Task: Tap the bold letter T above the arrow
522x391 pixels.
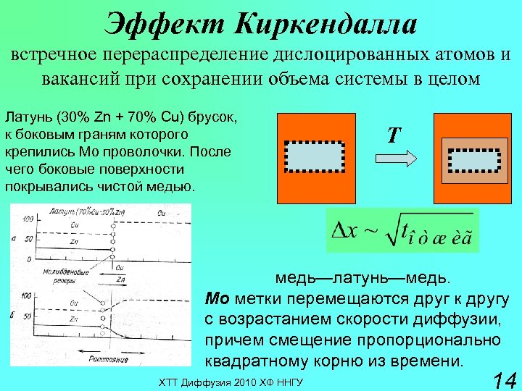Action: click(x=392, y=135)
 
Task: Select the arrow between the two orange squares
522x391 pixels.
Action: click(x=394, y=157)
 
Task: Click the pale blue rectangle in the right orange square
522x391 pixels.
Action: click(x=474, y=159)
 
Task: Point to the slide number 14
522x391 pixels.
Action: click(x=503, y=379)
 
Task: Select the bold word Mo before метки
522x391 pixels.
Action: click(x=217, y=299)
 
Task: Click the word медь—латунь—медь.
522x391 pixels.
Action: click(x=362, y=279)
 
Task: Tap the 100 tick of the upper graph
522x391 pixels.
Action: click(x=28, y=218)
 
